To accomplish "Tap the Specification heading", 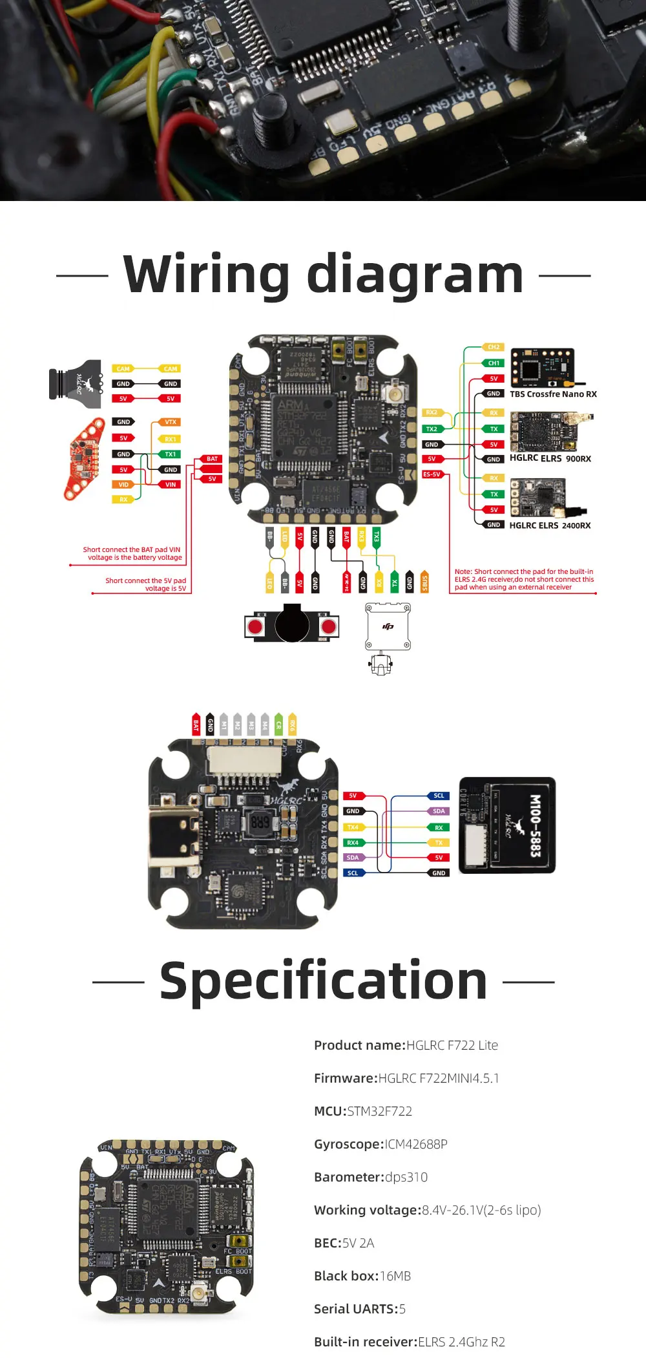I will [x=323, y=981].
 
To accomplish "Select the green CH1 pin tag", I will [x=494, y=363].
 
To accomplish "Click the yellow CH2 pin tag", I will [x=494, y=347].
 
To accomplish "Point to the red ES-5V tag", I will [x=432, y=474].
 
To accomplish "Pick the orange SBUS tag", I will [x=424, y=582].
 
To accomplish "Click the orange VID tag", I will [x=123, y=484].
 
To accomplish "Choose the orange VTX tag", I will [x=171, y=422].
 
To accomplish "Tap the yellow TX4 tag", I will [x=353, y=827].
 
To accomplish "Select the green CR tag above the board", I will [x=278, y=725].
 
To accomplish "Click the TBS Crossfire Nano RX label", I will [x=553, y=394].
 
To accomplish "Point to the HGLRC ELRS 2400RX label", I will [x=550, y=525].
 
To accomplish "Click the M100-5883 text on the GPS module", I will [x=535, y=825].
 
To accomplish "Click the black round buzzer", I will [x=292, y=623].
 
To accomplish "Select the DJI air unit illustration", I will [x=388, y=627].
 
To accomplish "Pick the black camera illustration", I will [x=76, y=384].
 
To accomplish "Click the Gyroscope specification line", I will [x=380, y=1144].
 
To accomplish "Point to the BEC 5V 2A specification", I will [x=344, y=1243].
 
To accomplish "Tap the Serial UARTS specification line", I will [x=360, y=1309].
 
